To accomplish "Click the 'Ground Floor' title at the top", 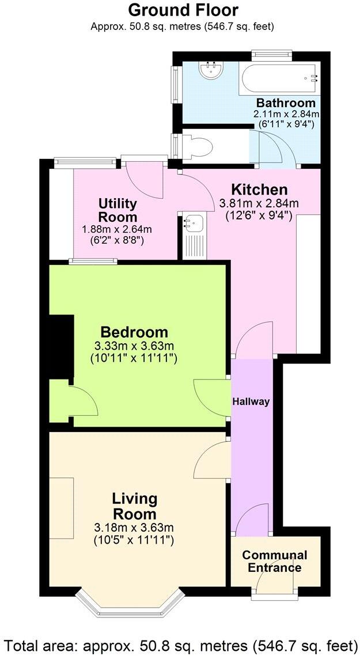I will [183, 10].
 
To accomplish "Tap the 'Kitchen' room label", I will [259, 189].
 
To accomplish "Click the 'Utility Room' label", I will [118, 210].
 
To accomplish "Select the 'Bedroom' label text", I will [134, 332].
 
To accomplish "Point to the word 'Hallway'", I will [251, 401].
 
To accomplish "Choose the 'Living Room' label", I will [134, 506].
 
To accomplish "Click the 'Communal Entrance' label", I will [274, 562].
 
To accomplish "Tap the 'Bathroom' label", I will [286, 103].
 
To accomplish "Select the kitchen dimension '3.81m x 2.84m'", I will [259, 203].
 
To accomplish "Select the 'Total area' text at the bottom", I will [180, 644].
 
